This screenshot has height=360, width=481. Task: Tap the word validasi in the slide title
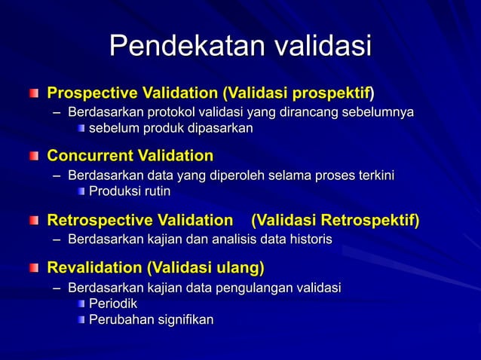(x=322, y=46)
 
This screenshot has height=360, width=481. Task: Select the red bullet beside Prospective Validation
(x=34, y=94)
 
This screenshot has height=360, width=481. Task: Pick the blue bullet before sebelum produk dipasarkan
(x=81, y=129)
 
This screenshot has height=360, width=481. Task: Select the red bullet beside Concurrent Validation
(x=34, y=157)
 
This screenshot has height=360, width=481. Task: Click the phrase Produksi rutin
(x=130, y=191)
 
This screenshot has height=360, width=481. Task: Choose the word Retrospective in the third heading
(x=100, y=221)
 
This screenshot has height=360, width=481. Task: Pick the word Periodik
(x=113, y=304)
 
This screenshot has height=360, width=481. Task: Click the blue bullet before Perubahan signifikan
(x=81, y=321)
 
